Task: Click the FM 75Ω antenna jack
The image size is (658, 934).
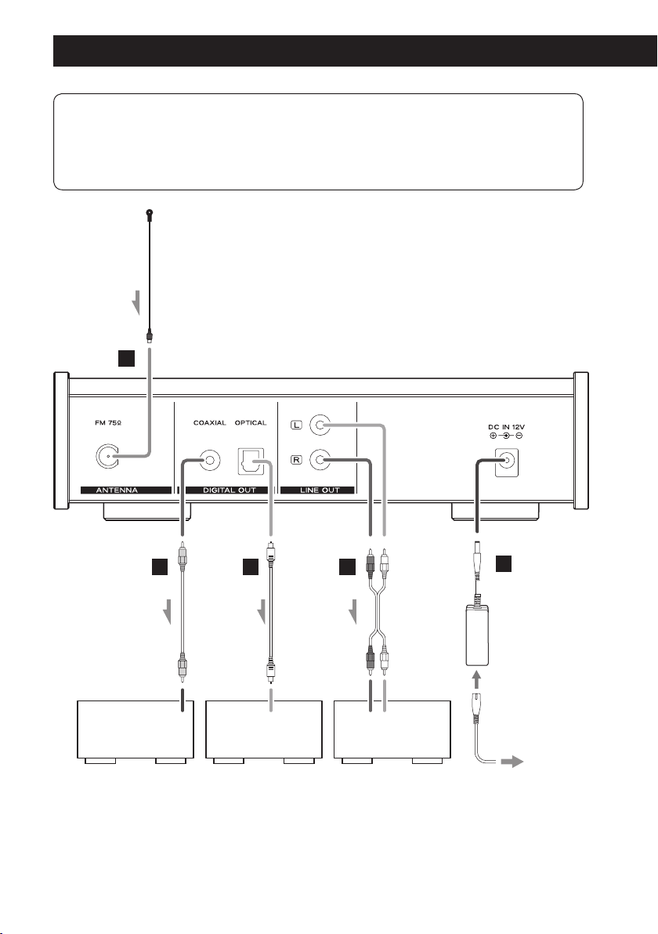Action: click(x=107, y=457)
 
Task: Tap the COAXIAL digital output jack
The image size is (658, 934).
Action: click(x=210, y=461)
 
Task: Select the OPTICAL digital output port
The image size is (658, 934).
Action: click(x=251, y=461)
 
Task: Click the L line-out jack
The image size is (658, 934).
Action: click(x=320, y=425)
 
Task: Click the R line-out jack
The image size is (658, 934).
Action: click(x=320, y=459)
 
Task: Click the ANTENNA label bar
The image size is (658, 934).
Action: click(x=126, y=491)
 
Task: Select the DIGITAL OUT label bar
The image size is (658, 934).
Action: click(x=230, y=491)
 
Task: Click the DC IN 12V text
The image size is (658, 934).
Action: click(x=507, y=426)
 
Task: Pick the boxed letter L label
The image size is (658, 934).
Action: click(x=297, y=425)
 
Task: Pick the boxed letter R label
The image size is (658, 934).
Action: click(x=297, y=460)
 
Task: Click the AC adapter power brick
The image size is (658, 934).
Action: click(x=477, y=635)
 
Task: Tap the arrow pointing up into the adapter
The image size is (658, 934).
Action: click(x=475, y=679)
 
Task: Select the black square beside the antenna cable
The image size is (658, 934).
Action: click(x=126, y=358)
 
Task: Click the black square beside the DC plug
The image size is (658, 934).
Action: click(x=504, y=563)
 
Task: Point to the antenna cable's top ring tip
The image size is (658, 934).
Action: click(x=149, y=212)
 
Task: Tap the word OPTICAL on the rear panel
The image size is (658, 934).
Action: click(x=251, y=423)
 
